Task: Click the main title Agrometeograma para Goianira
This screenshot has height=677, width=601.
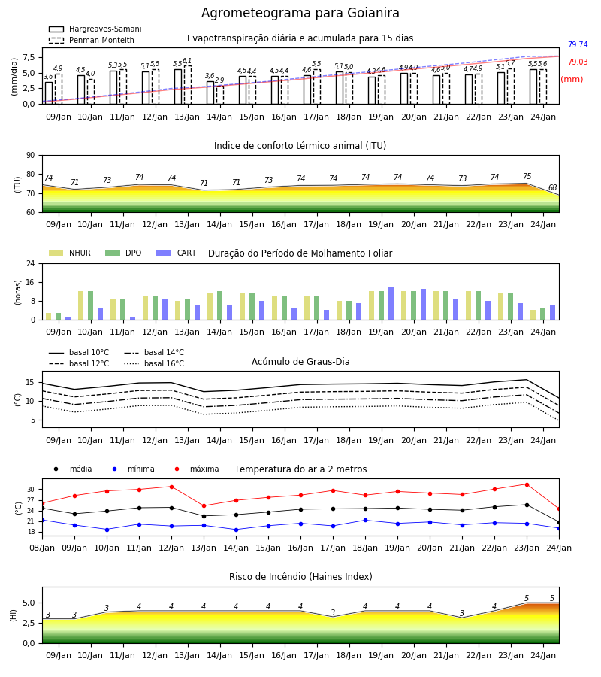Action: (x=300, y=13)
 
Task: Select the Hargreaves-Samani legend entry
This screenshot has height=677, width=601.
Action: (x=95, y=29)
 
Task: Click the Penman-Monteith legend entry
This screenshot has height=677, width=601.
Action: (x=92, y=40)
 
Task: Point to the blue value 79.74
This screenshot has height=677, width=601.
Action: (x=578, y=44)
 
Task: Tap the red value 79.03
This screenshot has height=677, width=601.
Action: (x=578, y=62)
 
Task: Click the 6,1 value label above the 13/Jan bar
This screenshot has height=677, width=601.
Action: (x=187, y=61)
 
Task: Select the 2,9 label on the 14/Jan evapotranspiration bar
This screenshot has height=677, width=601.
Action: (x=219, y=80)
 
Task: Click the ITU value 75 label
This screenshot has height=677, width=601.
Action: (x=527, y=176)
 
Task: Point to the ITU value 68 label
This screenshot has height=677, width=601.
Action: (x=552, y=187)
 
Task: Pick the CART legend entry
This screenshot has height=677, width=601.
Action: (x=177, y=253)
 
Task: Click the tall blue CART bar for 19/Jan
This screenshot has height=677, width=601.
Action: (x=391, y=303)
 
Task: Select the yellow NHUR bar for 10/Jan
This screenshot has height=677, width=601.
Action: (x=80, y=305)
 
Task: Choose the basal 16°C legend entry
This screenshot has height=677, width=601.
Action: (x=154, y=363)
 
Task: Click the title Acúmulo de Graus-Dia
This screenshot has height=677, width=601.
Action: (x=300, y=361)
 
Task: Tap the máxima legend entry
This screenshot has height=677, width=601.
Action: (x=194, y=469)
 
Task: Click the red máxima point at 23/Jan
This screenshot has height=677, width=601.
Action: (x=527, y=484)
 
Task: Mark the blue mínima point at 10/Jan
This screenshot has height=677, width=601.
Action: (x=107, y=530)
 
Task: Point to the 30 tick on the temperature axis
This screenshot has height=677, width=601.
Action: (x=31, y=490)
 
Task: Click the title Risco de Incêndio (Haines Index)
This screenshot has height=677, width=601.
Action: (x=300, y=577)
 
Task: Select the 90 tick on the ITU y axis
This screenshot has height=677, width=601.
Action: (x=31, y=155)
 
